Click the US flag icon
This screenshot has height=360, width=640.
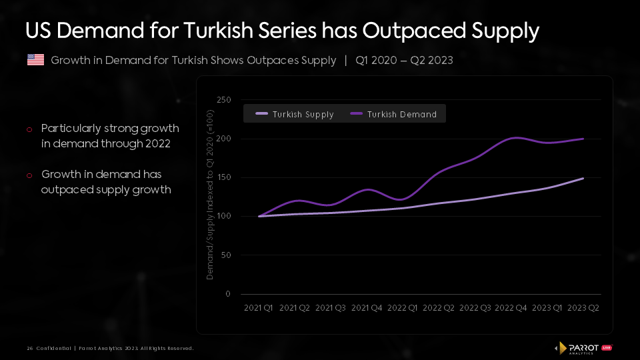(x=35, y=60)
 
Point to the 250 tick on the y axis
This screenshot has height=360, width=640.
(x=224, y=100)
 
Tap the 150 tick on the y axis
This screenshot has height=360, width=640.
(x=224, y=177)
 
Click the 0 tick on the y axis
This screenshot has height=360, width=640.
(x=228, y=294)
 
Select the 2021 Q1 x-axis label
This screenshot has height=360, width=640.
(x=259, y=308)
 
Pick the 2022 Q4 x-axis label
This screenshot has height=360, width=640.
(x=511, y=308)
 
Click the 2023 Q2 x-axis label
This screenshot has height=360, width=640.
(x=584, y=308)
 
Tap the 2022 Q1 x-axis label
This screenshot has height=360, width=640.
(x=403, y=308)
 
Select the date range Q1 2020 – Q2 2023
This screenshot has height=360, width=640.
(x=404, y=61)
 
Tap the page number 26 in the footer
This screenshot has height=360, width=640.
(x=30, y=349)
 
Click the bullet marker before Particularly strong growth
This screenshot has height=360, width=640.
(x=29, y=129)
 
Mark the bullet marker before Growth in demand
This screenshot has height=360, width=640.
(x=29, y=175)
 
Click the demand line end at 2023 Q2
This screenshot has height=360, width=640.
(x=584, y=139)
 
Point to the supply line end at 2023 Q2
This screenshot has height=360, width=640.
(x=584, y=178)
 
